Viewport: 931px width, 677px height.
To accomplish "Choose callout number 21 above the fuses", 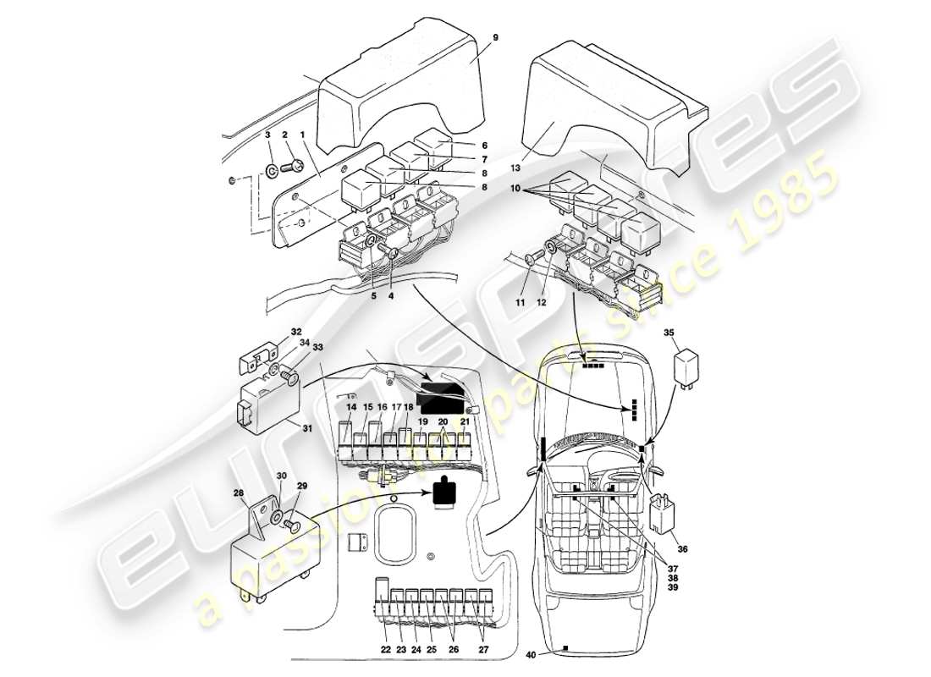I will click(465, 421).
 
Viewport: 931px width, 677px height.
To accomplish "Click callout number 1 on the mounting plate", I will click(301, 135).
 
